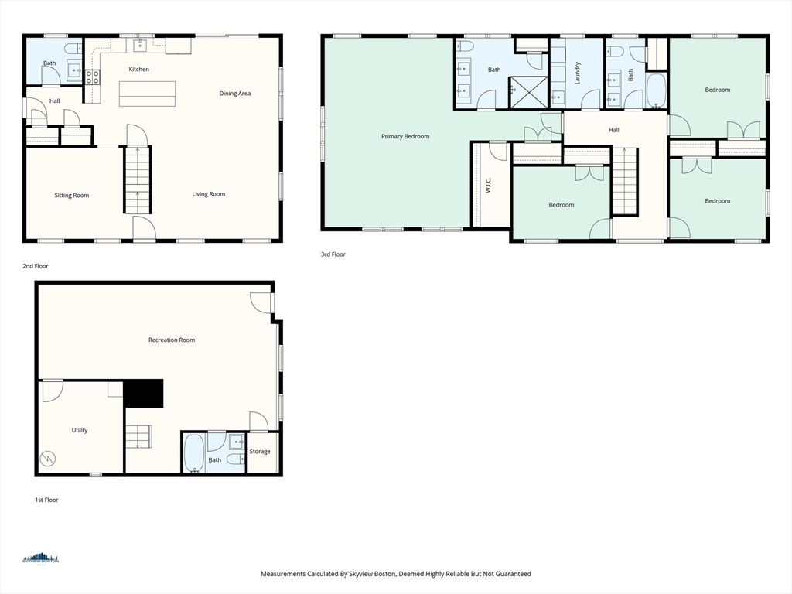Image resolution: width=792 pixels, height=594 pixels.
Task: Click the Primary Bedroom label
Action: pyautogui.click(x=405, y=136)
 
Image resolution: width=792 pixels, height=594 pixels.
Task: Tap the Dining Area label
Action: pyautogui.click(x=235, y=94)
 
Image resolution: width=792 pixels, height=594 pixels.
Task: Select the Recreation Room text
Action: pyautogui.click(x=172, y=340)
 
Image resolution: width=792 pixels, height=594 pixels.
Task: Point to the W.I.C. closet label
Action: pyautogui.click(x=489, y=185)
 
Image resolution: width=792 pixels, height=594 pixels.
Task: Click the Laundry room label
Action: pyautogui.click(x=577, y=73)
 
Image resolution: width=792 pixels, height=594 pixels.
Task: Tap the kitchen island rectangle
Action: pyautogui.click(x=148, y=94)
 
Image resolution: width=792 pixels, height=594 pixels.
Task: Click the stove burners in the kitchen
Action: pyautogui.click(x=93, y=77)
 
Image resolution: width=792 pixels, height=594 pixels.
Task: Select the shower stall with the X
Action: pyautogui.click(x=528, y=92)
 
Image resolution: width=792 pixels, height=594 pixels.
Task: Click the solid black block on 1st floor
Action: pyautogui.click(x=143, y=393)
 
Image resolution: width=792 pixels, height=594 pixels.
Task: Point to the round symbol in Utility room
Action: pyautogui.click(x=48, y=459)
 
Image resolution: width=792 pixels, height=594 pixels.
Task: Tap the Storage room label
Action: pyautogui.click(x=260, y=452)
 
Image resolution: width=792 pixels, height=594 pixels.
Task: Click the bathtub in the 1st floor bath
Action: pyautogui.click(x=194, y=453)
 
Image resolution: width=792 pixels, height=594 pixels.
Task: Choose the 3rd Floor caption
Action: pyautogui.click(x=333, y=254)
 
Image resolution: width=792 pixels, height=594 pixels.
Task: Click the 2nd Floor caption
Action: pyautogui.click(x=36, y=266)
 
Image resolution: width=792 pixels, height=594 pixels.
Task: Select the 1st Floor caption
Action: pyautogui.click(x=46, y=500)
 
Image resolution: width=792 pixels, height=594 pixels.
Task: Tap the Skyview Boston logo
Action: pyautogui.click(x=40, y=558)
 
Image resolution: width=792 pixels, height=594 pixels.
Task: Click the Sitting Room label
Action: pyautogui.click(x=72, y=196)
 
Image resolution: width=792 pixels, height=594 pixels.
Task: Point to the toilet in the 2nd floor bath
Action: pyautogui.click(x=73, y=49)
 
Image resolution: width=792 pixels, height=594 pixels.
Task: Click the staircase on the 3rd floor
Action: pyautogui.click(x=625, y=182)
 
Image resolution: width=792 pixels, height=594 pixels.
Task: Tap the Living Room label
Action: pyautogui.click(x=209, y=194)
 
